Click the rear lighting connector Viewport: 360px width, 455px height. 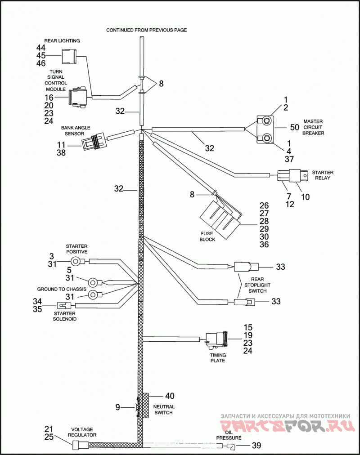(68, 56)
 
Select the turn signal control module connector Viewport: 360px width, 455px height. (77, 97)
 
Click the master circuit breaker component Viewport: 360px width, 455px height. (265, 129)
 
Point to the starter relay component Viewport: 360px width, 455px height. (292, 175)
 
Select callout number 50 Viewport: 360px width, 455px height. (294, 127)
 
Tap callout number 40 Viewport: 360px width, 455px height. (170, 396)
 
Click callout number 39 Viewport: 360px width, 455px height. (256, 445)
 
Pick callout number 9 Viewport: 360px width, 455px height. (117, 407)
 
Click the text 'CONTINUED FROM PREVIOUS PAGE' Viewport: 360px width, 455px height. (147, 30)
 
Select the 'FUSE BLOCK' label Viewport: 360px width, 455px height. (207, 236)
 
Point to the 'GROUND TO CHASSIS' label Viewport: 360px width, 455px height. (62, 289)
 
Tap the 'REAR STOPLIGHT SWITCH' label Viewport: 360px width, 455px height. (257, 285)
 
